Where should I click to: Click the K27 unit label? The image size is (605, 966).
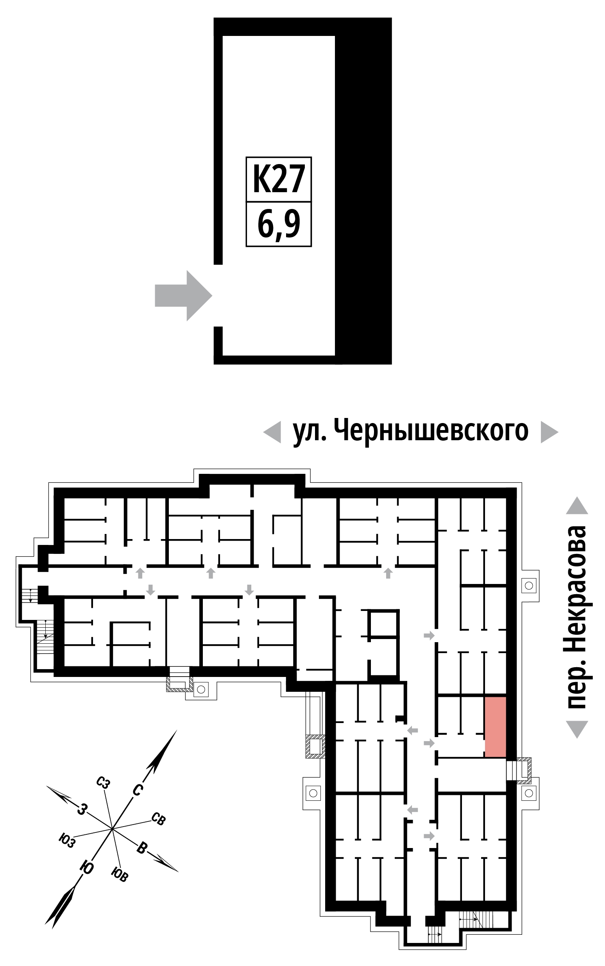click(x=279, y=179)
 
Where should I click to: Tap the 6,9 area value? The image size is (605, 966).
click(x=279, y=225)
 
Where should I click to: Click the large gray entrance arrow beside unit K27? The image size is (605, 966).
click(x=183, y=295)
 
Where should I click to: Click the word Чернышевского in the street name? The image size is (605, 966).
click(x=431, y=430)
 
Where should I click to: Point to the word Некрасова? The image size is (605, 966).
click(x=576, y=583)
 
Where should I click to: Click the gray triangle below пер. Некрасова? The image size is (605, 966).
click(x=577, y=729)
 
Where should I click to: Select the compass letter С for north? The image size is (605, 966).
click(x=137, y=790)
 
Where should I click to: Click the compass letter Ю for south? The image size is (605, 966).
click(x=86, y=867)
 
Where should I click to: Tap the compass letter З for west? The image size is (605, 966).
click(x=82, y=809)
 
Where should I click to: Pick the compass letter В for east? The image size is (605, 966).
click(x=142, y=848)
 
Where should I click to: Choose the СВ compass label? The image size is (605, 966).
click(x=158, y=818)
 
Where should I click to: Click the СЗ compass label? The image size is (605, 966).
click(x=103, y=782)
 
